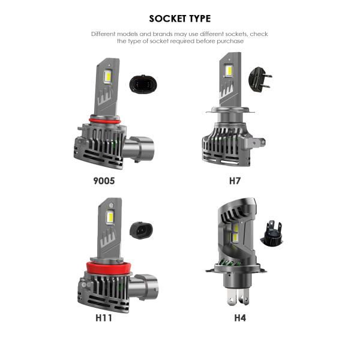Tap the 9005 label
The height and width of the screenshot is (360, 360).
pyautogui.click(x=104, y=181)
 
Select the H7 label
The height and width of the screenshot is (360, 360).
pyautogui.click(x=235, y=181)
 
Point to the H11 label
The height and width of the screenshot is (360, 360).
pyautogui.click(x=104, y=318)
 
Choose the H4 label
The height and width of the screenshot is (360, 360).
pyautogui.click(x=240, y=318)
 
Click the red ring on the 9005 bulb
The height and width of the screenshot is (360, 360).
pyautogui.click(x=105, y=121)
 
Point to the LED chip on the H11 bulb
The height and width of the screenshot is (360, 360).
pyautogui.click(x=110, y=217)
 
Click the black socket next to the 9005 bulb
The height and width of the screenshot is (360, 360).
pyautogui.click(x=141, y=84)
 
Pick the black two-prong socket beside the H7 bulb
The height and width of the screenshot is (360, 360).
pyautogui.click(x=260, y=80)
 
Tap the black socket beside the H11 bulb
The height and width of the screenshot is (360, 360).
pyautogui.click(x=141, y=230)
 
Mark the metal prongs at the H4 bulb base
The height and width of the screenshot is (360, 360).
pyautogui.click(x=238, y=296)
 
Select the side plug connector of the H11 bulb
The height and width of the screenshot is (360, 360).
pyautogui.click(x=143, y=287)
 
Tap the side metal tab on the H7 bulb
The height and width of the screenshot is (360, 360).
pyautogui.click(x=256, y=142)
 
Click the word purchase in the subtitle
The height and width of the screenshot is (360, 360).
pyautogui.click(x=230, y=41)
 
